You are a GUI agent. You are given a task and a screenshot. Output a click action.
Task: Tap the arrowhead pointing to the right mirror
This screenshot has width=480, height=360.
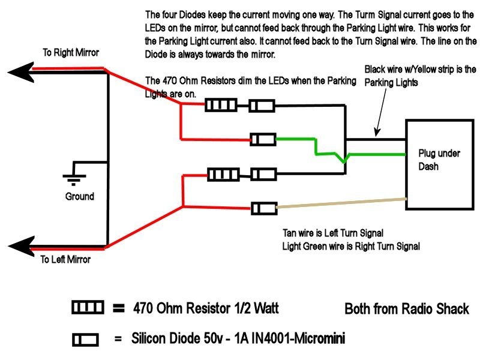[x=21, y=71]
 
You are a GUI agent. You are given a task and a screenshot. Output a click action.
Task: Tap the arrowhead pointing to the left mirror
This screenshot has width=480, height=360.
[x=21, y=245]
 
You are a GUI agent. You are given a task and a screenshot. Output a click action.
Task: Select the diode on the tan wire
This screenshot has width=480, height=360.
[x=263, y=208]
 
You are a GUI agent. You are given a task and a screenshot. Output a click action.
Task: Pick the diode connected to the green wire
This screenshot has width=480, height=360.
[x=263, y=140]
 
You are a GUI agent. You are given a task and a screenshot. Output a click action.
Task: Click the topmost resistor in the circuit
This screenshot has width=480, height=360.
[x=220, y=106]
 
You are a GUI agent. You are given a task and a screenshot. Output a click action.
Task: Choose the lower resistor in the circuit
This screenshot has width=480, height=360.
[x=223, y=175]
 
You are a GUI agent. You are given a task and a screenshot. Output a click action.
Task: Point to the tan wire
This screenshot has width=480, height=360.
[x=342, y=203]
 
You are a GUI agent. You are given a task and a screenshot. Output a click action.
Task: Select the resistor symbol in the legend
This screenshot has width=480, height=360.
[x=87, y=308]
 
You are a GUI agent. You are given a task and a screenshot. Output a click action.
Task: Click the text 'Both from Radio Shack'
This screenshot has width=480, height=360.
[x=406, y=309]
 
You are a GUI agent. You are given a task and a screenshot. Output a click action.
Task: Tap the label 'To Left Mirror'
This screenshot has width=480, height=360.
[x=65, y=260]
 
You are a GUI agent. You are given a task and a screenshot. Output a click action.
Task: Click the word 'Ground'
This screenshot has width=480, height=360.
[x=79, y=196]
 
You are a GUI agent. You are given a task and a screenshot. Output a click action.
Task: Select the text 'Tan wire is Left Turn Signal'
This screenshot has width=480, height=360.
[x=333, y=233]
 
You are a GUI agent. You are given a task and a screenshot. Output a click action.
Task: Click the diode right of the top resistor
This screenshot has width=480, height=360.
[x=262, y=106]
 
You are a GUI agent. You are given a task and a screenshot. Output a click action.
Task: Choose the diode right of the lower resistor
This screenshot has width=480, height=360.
[x=263, y=175]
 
